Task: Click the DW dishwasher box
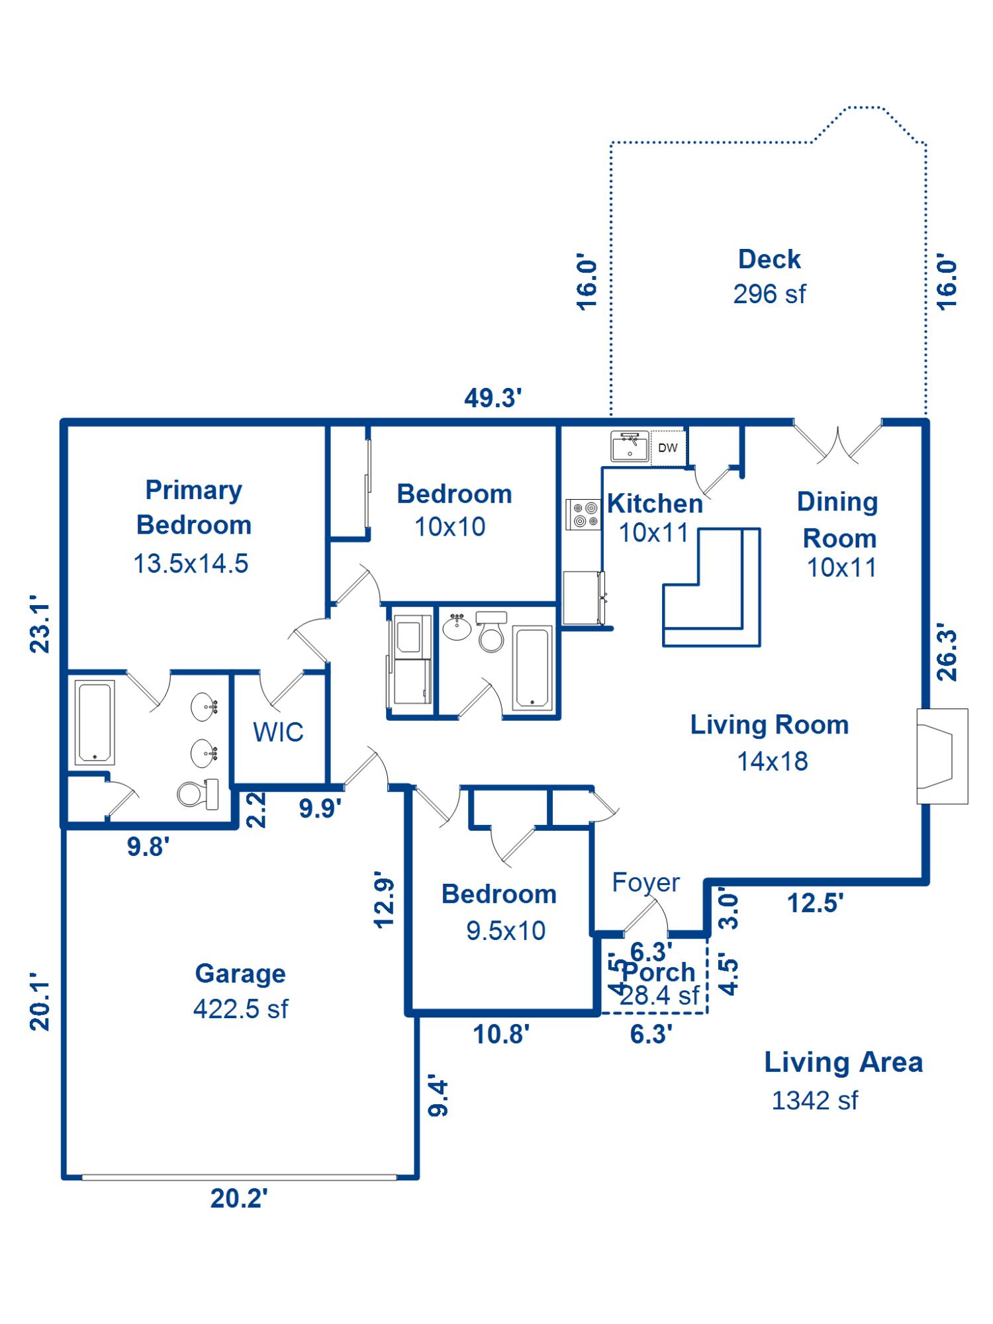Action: point(668,448)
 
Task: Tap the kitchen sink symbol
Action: point(630,446)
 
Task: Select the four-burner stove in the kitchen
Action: point(583,515)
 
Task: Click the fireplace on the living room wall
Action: point(941,756)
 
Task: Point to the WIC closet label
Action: point(278,732)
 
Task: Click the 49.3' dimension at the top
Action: point(493,398)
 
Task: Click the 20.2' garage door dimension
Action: point(239,1199)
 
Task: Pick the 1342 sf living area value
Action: point(814,1101)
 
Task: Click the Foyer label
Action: point(645,882)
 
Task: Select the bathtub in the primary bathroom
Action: point(95,722)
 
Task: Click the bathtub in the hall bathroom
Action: point(532,669)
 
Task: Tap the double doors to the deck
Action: point(838,442)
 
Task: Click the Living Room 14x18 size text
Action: point(773,761)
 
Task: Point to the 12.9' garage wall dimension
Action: point(385,903)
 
